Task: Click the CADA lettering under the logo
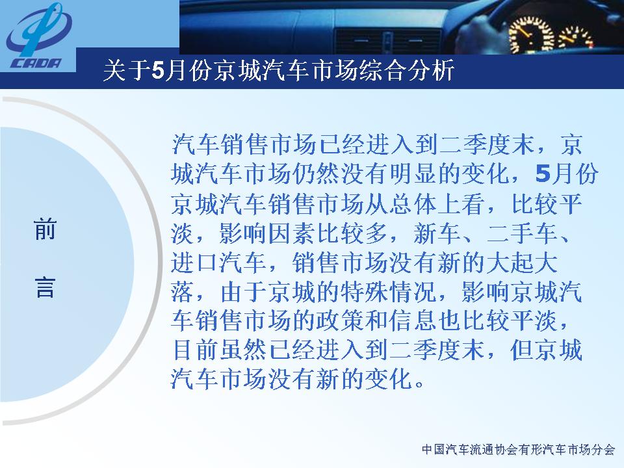35,63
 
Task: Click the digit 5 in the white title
157,71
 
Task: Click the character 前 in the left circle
45,229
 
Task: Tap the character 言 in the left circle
45,287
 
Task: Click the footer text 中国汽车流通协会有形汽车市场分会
518,450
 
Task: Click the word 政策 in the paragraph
339,320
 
